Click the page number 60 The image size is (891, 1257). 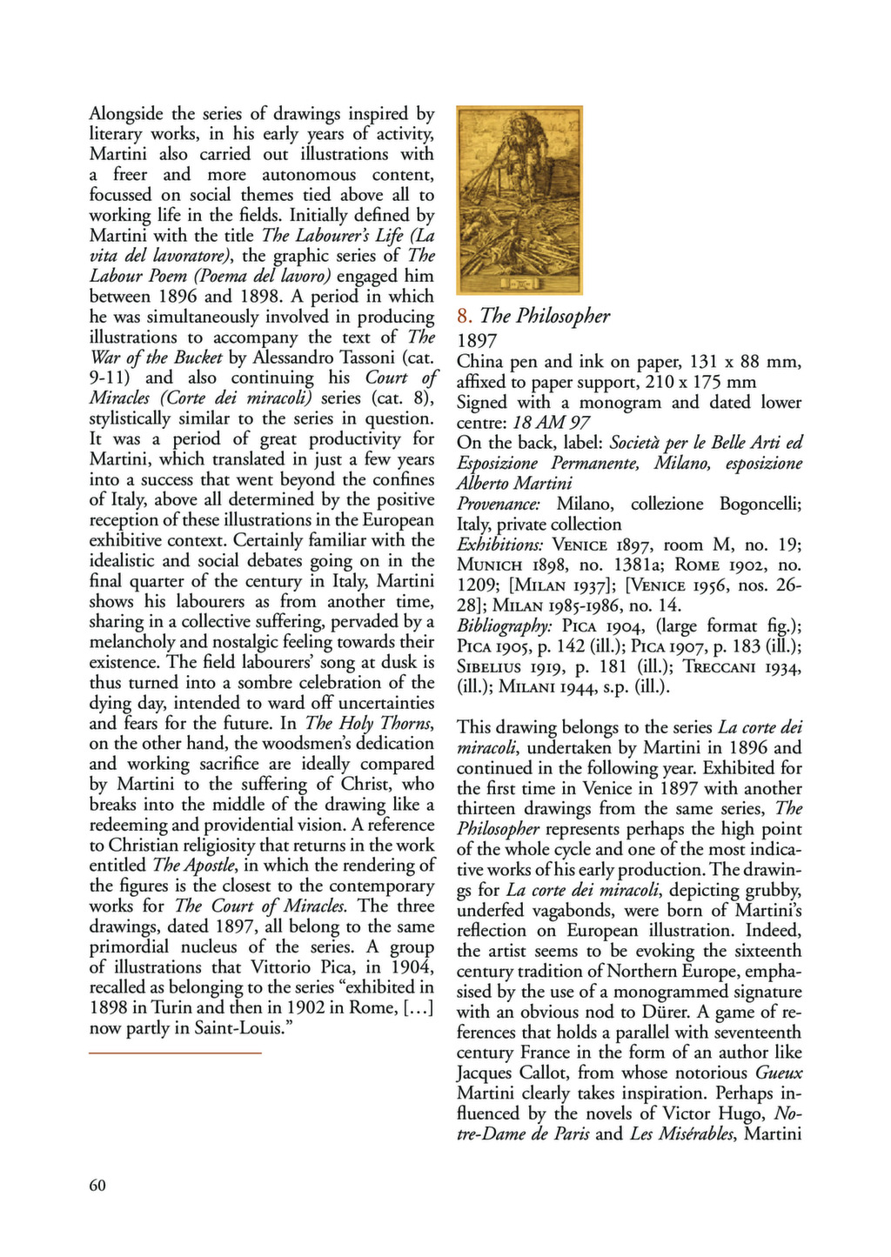click(97, 1185)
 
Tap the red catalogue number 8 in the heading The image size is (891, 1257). click(464, 317)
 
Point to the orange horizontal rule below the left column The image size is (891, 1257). click(175, 1053)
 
